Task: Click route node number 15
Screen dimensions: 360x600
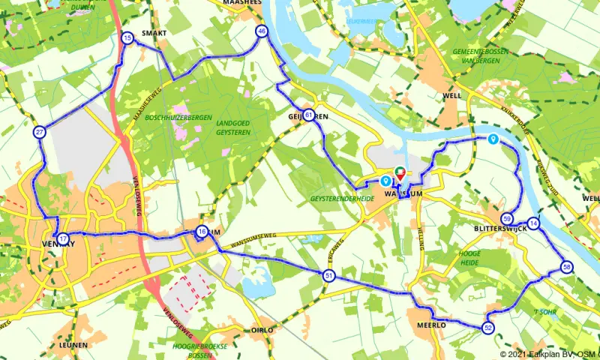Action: (127, 37)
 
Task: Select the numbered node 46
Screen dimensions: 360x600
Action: (261, 31)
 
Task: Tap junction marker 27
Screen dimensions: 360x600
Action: (39, 132)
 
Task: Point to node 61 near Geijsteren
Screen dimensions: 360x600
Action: (309, 114)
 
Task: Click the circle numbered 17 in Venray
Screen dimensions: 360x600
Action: (63, 238)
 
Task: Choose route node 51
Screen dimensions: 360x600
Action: (328, 277)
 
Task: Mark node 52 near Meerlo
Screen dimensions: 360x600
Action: (488, 327)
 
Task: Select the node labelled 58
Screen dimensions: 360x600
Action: (566, 267)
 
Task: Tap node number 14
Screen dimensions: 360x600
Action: (533, 223)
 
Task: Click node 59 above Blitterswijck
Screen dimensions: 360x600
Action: (508, 218)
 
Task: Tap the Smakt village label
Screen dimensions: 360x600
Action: (154, 34)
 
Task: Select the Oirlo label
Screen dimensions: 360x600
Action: (262, 329)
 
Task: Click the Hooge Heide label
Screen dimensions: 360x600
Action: (469, 259)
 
